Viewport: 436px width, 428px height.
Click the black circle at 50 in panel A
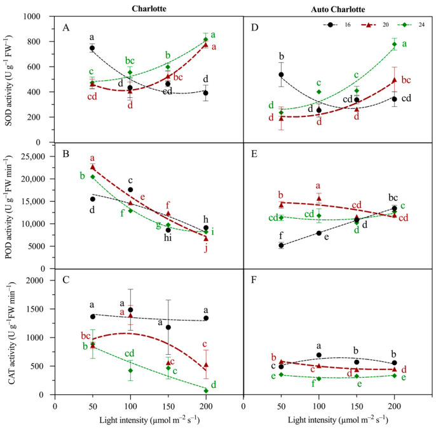92,48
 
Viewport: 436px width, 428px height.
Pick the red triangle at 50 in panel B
92,167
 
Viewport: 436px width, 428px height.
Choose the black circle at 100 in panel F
318,355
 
